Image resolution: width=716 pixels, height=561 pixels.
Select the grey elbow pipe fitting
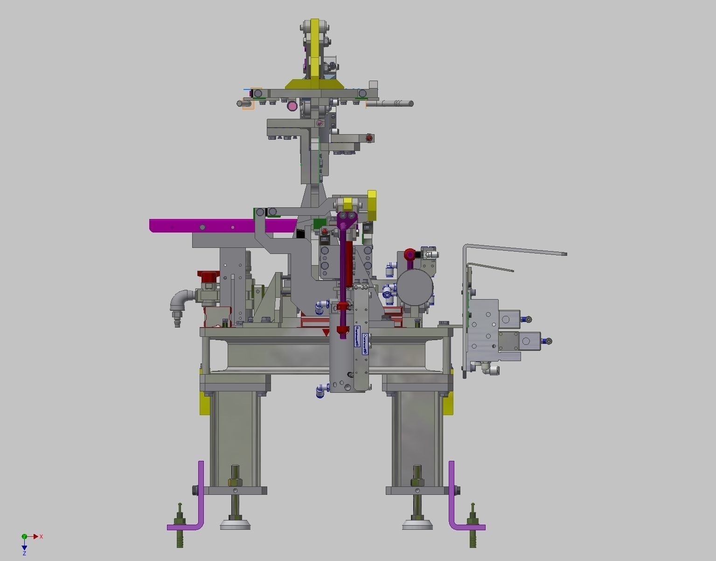(180, 300)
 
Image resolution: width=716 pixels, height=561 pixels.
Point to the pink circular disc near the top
(292, 106)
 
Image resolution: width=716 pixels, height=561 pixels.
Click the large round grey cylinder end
(415, 287)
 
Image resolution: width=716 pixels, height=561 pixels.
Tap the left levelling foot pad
(235, 525)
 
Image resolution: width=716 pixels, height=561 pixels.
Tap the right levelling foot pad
(417, 525)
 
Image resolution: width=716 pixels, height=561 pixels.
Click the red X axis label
(42, 536)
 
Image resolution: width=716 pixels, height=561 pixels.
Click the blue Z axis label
(24, 553)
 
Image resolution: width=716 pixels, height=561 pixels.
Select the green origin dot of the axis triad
(24, 537)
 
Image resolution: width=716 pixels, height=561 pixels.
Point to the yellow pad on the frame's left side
(204, 404)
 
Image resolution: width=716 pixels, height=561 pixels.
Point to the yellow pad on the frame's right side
(448, 404)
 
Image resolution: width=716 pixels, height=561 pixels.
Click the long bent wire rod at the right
(513, 249)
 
